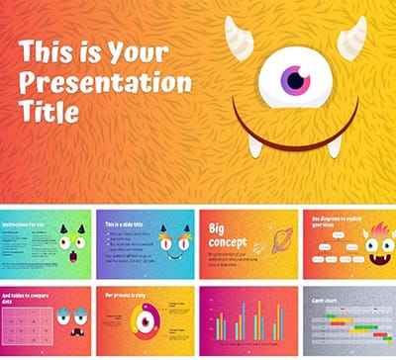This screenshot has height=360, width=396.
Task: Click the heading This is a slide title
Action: pyautogui.click(x=127, y=225)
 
